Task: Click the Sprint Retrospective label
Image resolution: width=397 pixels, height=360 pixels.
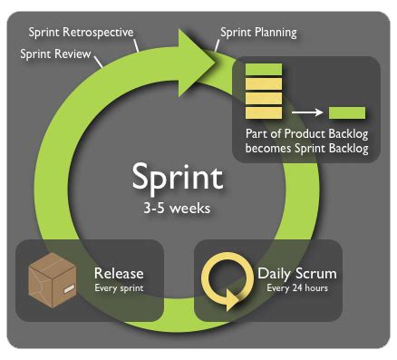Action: [81, 33]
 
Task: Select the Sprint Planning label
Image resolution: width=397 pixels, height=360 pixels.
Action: [258, 34]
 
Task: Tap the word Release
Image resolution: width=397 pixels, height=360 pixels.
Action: [119, 272]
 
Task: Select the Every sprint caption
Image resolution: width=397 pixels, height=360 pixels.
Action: [119, 289]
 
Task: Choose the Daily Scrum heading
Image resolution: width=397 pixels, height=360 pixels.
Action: [297, 272]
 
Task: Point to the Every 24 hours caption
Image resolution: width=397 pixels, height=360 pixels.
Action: [297, 289]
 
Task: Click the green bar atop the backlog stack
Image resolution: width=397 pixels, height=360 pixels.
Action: [264, 69]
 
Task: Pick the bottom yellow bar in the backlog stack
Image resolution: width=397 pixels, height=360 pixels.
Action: [264, 113]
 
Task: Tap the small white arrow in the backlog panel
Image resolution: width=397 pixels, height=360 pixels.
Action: [307, 113]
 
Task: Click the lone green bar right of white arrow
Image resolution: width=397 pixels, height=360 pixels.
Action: [347, 113]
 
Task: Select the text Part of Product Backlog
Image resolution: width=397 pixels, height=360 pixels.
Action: [306, 133]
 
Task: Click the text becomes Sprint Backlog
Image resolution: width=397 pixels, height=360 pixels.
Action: [306, 148]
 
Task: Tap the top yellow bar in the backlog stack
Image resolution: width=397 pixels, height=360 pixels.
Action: [264, 83]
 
